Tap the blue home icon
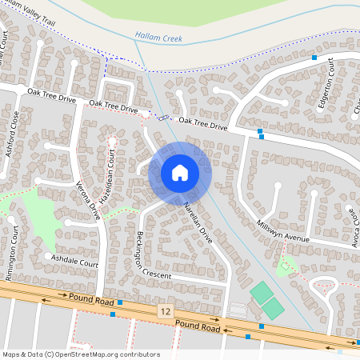tap(180, 172)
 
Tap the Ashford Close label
tap(14, 134)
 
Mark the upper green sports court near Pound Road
tap(261, 292)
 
